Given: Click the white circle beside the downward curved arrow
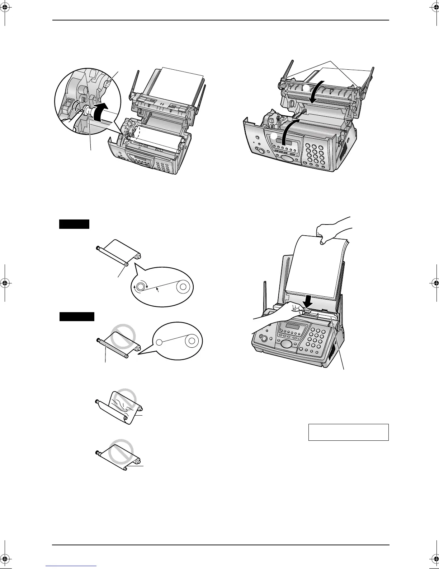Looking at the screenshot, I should pos(306,88).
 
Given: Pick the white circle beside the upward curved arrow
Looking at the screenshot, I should pos(274,136).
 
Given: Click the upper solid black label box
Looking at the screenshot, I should pos(74,224).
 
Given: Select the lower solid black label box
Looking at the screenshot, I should pos(77,316).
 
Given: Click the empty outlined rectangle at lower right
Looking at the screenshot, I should pos(348,432).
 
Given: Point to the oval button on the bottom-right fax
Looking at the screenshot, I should pos(285,343).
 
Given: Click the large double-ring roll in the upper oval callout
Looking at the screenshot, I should pos(183,286).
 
